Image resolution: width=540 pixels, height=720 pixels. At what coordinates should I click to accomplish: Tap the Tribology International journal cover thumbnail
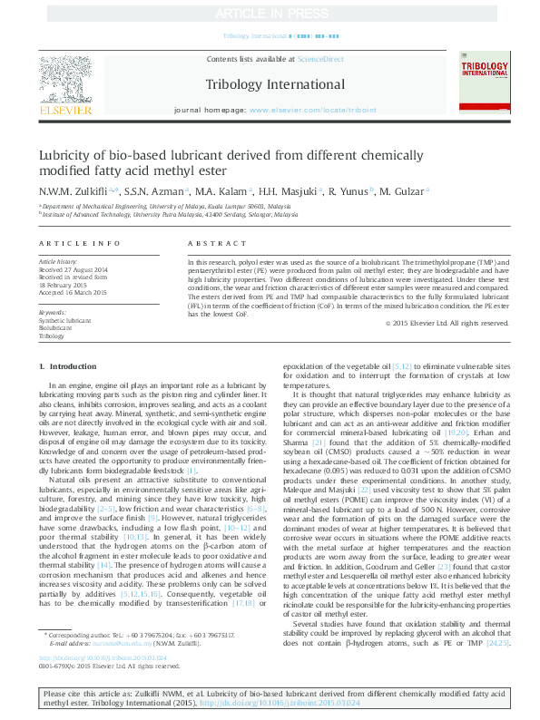coord(486,83)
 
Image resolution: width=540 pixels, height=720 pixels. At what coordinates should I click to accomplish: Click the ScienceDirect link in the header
coord(320,59)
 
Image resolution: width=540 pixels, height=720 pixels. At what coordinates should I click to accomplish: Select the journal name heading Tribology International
coord(270,84)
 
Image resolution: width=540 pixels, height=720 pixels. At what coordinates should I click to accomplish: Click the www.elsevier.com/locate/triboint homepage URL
coord(309,110)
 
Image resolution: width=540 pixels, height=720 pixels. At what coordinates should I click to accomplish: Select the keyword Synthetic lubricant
coord(64,321)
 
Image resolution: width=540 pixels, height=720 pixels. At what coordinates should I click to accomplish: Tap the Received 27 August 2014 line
coord(73,270)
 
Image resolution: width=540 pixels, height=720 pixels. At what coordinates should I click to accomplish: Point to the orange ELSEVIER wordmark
coord(65,111)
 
